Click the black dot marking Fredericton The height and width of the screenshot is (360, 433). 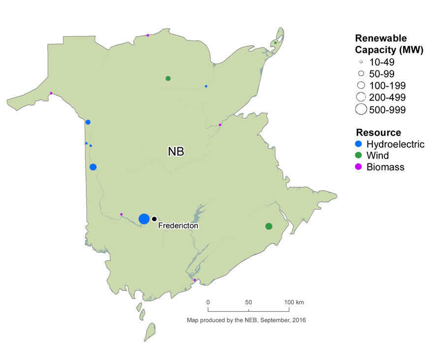(154, 219)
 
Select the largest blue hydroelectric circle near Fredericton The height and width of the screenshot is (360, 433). (144, 219)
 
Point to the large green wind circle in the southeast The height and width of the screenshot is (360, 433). (269, 226)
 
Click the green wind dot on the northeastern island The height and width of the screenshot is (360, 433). (276, 43)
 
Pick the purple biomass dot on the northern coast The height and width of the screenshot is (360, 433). (148, 35)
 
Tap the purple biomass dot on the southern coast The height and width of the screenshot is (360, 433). (195, 280)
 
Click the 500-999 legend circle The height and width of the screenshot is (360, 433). (361, 109)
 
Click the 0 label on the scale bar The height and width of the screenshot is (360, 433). (208, 301)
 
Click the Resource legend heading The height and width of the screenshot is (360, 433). (378, 132)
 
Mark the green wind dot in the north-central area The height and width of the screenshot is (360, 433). (168, 78)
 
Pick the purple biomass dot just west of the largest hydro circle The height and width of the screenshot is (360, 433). (122, 214)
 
